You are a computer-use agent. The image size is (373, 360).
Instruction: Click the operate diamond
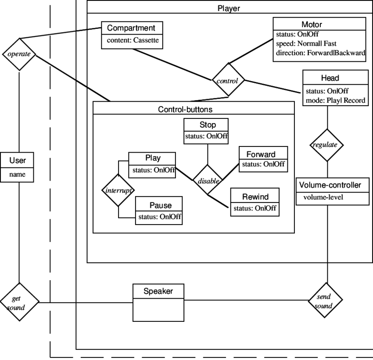19,54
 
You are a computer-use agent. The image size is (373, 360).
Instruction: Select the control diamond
228,81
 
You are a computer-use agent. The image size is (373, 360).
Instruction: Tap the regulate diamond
327,145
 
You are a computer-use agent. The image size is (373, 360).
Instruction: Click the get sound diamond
19,302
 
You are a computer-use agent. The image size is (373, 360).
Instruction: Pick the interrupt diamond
118,190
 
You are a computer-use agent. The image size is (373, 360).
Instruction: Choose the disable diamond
208,180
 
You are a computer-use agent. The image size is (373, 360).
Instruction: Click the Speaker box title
158,291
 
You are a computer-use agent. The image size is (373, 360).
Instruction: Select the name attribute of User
18,175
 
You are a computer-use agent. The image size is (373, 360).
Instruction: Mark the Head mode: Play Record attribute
335,100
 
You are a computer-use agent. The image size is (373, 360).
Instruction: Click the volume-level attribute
323,197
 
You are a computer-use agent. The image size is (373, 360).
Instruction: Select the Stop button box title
207,125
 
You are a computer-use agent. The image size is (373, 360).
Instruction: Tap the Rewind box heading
255,197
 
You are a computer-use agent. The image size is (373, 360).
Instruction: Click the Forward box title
261,154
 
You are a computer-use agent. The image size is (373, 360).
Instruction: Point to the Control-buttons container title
185,109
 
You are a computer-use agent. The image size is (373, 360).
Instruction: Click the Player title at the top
229,8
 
